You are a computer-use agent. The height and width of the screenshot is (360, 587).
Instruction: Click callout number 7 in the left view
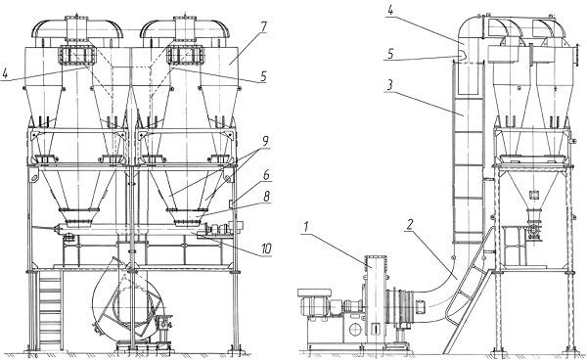pyautogui.click(x=263, y=26)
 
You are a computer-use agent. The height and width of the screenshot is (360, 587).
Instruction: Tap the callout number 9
pyautogui.click(x=265, y=142)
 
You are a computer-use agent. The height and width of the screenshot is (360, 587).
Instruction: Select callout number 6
pyautogui.click(x=266, y=175)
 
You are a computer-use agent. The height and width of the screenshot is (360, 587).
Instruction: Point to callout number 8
pyautogui.click(x=266, y=197)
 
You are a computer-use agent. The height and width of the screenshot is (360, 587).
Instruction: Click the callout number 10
pyautogui.click(x=266, y=248)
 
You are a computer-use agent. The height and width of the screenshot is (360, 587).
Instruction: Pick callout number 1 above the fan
pyautogui.click(x=306, y=226)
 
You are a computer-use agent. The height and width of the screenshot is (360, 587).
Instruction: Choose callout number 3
pyautogui.click(x=389, y=85)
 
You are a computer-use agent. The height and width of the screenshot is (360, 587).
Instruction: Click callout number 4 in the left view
pyautogui.click(x=5, y=73)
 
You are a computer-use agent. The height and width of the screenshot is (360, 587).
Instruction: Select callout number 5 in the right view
pyautogui.click(x=390, y=54)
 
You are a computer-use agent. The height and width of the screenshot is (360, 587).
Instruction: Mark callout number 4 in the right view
pyautogui.click(x=390, y=10)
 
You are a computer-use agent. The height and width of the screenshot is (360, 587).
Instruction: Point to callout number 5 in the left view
pyautogui.click(x=263, y=76)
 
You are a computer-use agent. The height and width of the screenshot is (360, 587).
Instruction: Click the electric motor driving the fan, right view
pyautogui.click(x=314, y=302)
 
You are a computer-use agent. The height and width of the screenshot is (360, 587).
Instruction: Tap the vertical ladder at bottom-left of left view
pyautogui.click(x=49, y=311)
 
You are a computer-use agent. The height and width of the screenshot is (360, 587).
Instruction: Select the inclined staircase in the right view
pyautogui.click(x=470, y=292)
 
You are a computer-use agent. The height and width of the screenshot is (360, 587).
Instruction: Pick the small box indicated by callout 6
pyautogui.click(x=231, y=202)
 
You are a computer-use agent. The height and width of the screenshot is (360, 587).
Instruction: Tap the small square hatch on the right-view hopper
pyautogui.click(x=533, y=195)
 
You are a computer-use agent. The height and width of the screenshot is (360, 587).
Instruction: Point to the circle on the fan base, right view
pyautogui.click(x=354, y=330)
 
